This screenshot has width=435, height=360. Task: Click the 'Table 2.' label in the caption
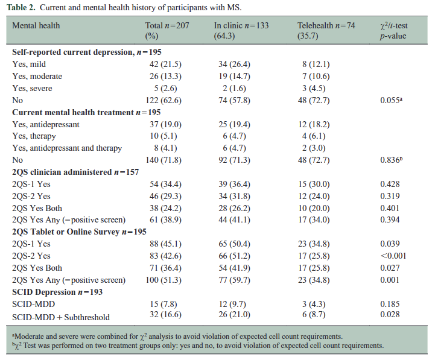point(21,7)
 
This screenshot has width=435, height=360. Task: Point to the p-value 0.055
point(391,100)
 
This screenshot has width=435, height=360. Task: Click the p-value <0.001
point(393,256)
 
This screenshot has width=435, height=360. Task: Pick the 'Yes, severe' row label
point(32,88)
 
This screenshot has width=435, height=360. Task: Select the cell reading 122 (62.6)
point(164,100)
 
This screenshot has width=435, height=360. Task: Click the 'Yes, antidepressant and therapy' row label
point(67,148)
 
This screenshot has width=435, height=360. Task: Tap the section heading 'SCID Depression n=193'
point(57,292)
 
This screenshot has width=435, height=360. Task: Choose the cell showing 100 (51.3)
point(164,280)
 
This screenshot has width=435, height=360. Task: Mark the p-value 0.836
point(391,160)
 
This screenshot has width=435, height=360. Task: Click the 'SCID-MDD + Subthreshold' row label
point(61,317)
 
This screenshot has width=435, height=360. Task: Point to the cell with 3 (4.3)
point(314,304)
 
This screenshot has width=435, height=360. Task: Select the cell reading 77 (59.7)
point(235,280)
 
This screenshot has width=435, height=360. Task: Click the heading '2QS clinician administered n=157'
point(75,172)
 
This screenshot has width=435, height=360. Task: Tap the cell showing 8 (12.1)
point(316,64)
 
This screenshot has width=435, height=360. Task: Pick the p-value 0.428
point(390,184)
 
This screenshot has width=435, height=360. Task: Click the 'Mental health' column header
point(36,25)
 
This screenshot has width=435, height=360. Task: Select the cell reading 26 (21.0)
point(235,314)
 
